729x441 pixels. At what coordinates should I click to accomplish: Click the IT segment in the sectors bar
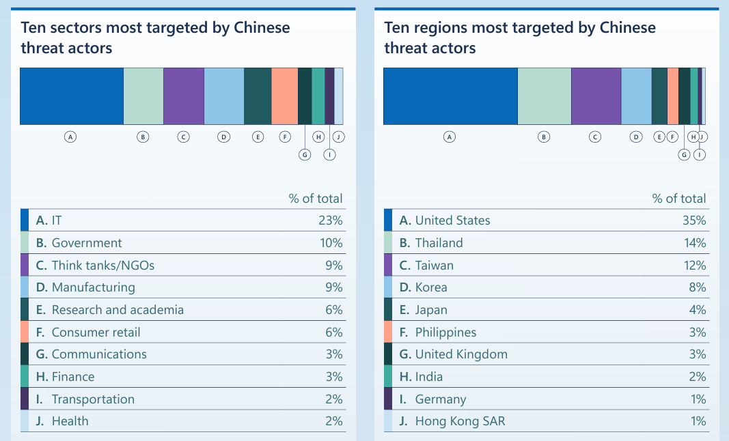(71, 96)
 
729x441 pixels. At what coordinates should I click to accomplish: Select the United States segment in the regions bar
(450, 96)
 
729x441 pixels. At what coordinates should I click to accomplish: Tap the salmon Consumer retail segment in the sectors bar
(284, 96)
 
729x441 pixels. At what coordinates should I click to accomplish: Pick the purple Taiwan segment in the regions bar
(596, 96)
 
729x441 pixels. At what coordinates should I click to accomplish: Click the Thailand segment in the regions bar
(544, 96)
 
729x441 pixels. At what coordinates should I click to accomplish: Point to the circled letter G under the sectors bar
(305, 154)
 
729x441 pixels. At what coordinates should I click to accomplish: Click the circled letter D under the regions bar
(636, 137)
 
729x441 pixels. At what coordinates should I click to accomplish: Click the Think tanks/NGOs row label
(103, 266)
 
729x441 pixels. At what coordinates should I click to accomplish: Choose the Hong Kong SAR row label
(460, 421)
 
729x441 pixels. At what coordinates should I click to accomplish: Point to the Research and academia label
(118, 310)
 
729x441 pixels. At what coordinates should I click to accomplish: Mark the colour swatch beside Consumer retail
(25, 332)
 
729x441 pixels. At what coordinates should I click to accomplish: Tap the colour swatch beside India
(388, 377)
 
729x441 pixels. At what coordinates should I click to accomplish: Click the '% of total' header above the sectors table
(315, 199)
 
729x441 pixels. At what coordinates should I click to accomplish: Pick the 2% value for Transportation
(333, 399)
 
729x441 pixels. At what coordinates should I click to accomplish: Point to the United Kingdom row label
(461, 354)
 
